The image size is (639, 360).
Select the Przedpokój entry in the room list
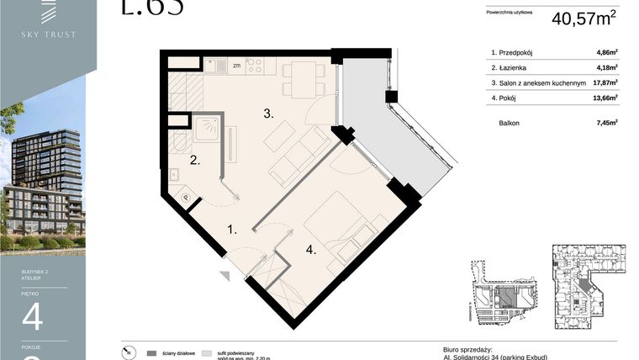(x=517, y=52)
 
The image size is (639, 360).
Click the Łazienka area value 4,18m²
(x=606, y=67)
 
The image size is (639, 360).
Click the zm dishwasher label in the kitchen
(x=236, y=65)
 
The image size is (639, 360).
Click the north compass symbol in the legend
(x=126, y=352)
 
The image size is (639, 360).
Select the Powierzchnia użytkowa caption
(x=510, y=12)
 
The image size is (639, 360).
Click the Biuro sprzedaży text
(x=467, y=348)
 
